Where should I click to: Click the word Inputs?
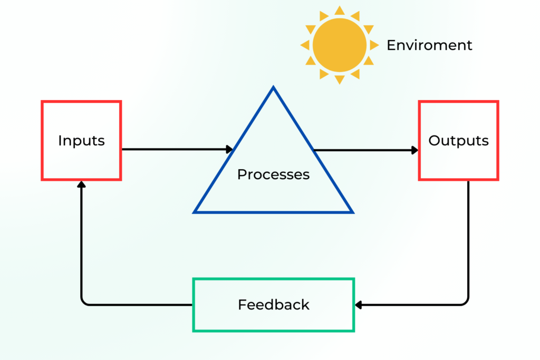click(81, 141)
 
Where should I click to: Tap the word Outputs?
click(458, 141)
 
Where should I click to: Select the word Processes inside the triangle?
click(273, 174)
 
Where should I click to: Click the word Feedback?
click(273, 305)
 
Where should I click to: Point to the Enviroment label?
click(429, 45)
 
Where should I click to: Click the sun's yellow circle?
click(339, 45)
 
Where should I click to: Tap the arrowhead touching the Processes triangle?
click(229, 150)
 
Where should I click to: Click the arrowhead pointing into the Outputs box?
click(414, 150)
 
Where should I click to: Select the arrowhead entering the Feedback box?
click(359, 305)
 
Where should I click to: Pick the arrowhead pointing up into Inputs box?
click(81, 184)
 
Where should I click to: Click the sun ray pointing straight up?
click(339, 11)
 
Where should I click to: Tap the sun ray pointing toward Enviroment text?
click(374, 45)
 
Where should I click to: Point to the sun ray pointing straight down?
click(339, 80)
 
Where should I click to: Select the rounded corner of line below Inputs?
click(84, 302)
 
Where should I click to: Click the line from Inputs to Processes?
click(174, 150)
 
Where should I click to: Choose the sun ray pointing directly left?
click(305, 45)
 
